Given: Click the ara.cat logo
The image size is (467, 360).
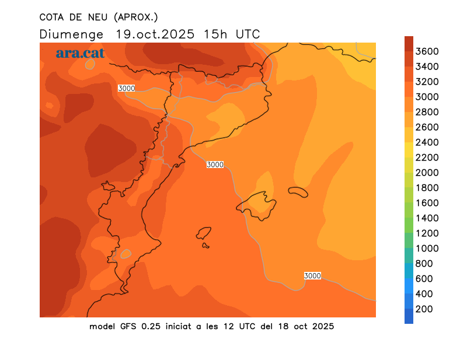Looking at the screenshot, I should [80, 53].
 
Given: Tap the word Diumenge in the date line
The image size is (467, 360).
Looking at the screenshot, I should [72, 34].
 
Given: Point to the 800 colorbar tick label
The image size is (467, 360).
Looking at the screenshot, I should [424, 264].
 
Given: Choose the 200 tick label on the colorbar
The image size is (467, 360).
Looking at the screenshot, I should [424, 309].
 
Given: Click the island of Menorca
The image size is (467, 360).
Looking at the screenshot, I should [298, 192].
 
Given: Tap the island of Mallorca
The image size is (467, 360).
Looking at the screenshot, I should [257, 204].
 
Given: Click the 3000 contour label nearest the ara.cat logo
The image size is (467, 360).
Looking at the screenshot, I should [127, 88].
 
